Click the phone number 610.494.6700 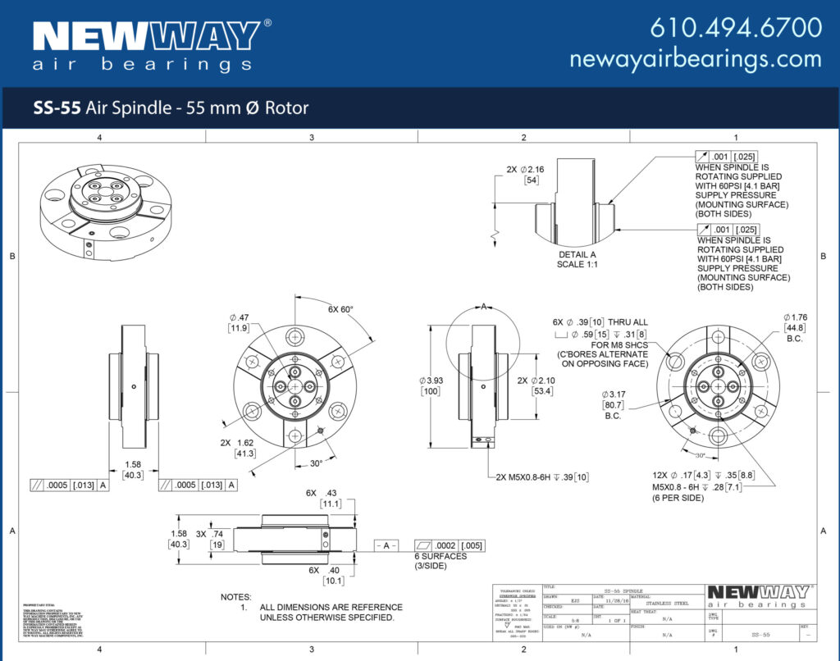click(x=735, y=27)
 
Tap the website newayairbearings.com click(x=695, y=59)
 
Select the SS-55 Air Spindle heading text click(x=171, y=107)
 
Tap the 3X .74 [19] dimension click(x=210, y=538)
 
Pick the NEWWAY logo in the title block click(x=758, y=595)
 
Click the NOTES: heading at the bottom click(x=236, y=597)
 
